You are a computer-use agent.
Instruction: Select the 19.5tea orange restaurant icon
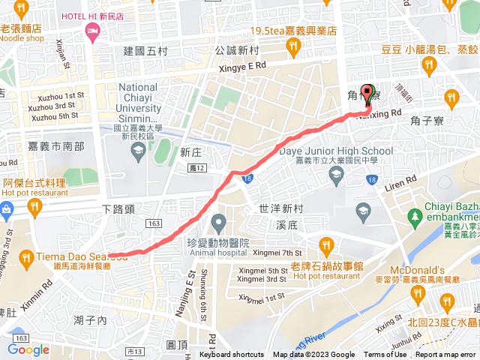click(293, 47)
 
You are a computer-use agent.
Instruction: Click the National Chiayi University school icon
click(138, 153)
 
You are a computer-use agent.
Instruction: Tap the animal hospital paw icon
click(218, 222)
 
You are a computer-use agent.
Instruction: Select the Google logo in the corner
click(28, 349)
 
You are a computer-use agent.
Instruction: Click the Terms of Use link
click(385, 355)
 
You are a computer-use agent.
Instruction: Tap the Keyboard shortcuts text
click(232, 355)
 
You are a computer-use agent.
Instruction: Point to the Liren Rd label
click(400, 181)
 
